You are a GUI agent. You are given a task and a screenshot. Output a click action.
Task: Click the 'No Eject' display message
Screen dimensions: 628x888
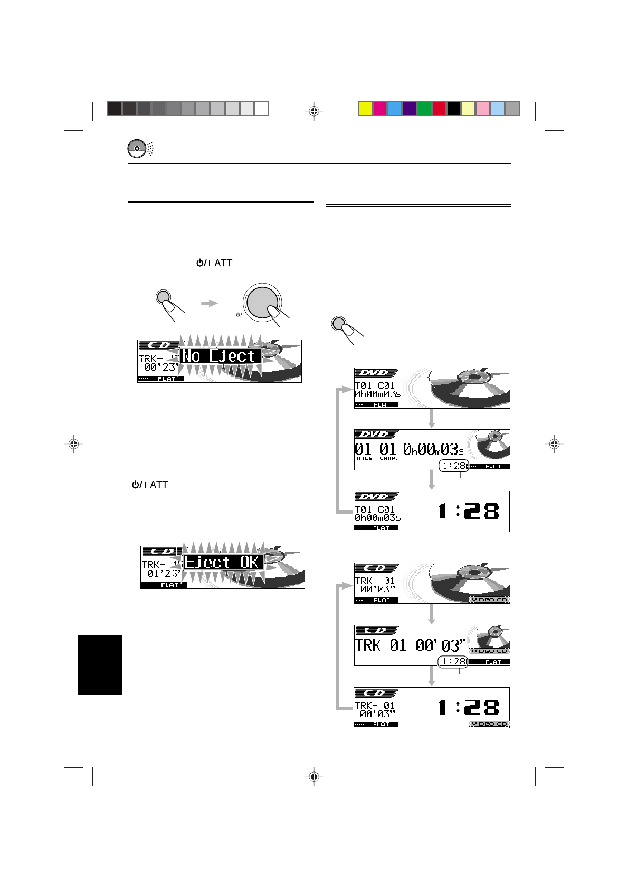(x=221, y=356)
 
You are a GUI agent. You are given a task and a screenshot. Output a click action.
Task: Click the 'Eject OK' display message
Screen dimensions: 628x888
(x=223, y=562)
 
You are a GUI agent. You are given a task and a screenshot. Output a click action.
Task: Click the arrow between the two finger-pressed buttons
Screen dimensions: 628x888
(x=210, y=303)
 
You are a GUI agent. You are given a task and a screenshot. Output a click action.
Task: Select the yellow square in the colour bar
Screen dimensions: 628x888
(x=365, y=109)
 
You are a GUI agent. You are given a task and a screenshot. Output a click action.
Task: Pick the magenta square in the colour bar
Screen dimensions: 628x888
(x=379, y=109)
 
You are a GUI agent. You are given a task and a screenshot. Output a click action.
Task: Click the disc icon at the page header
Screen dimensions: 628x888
(x=136, y=149)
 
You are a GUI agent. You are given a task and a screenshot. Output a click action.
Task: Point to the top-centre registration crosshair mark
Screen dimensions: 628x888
(x=313, y=111)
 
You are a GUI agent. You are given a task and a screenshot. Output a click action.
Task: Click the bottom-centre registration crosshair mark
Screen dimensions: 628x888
(x=313, y=776)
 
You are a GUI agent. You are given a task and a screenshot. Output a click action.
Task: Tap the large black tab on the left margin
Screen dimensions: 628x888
(x=100, y=665)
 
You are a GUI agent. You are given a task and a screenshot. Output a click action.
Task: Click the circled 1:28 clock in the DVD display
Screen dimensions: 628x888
(x=453, y=466)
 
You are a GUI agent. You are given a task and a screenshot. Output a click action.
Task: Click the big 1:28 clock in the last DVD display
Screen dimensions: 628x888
(x=468, y=511)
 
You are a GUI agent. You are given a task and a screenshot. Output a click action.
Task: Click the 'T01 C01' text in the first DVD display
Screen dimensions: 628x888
(x=375, y=385)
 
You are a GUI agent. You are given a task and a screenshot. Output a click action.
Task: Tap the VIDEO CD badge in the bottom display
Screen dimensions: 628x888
(x=489, y=724)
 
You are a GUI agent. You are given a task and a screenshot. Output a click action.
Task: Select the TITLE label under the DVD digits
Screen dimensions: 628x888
(x=364, y=459)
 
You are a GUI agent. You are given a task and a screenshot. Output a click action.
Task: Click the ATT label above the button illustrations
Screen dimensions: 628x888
(x=223, y=263)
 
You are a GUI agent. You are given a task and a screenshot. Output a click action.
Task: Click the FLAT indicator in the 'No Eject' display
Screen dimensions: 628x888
(x=167, y=379)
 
